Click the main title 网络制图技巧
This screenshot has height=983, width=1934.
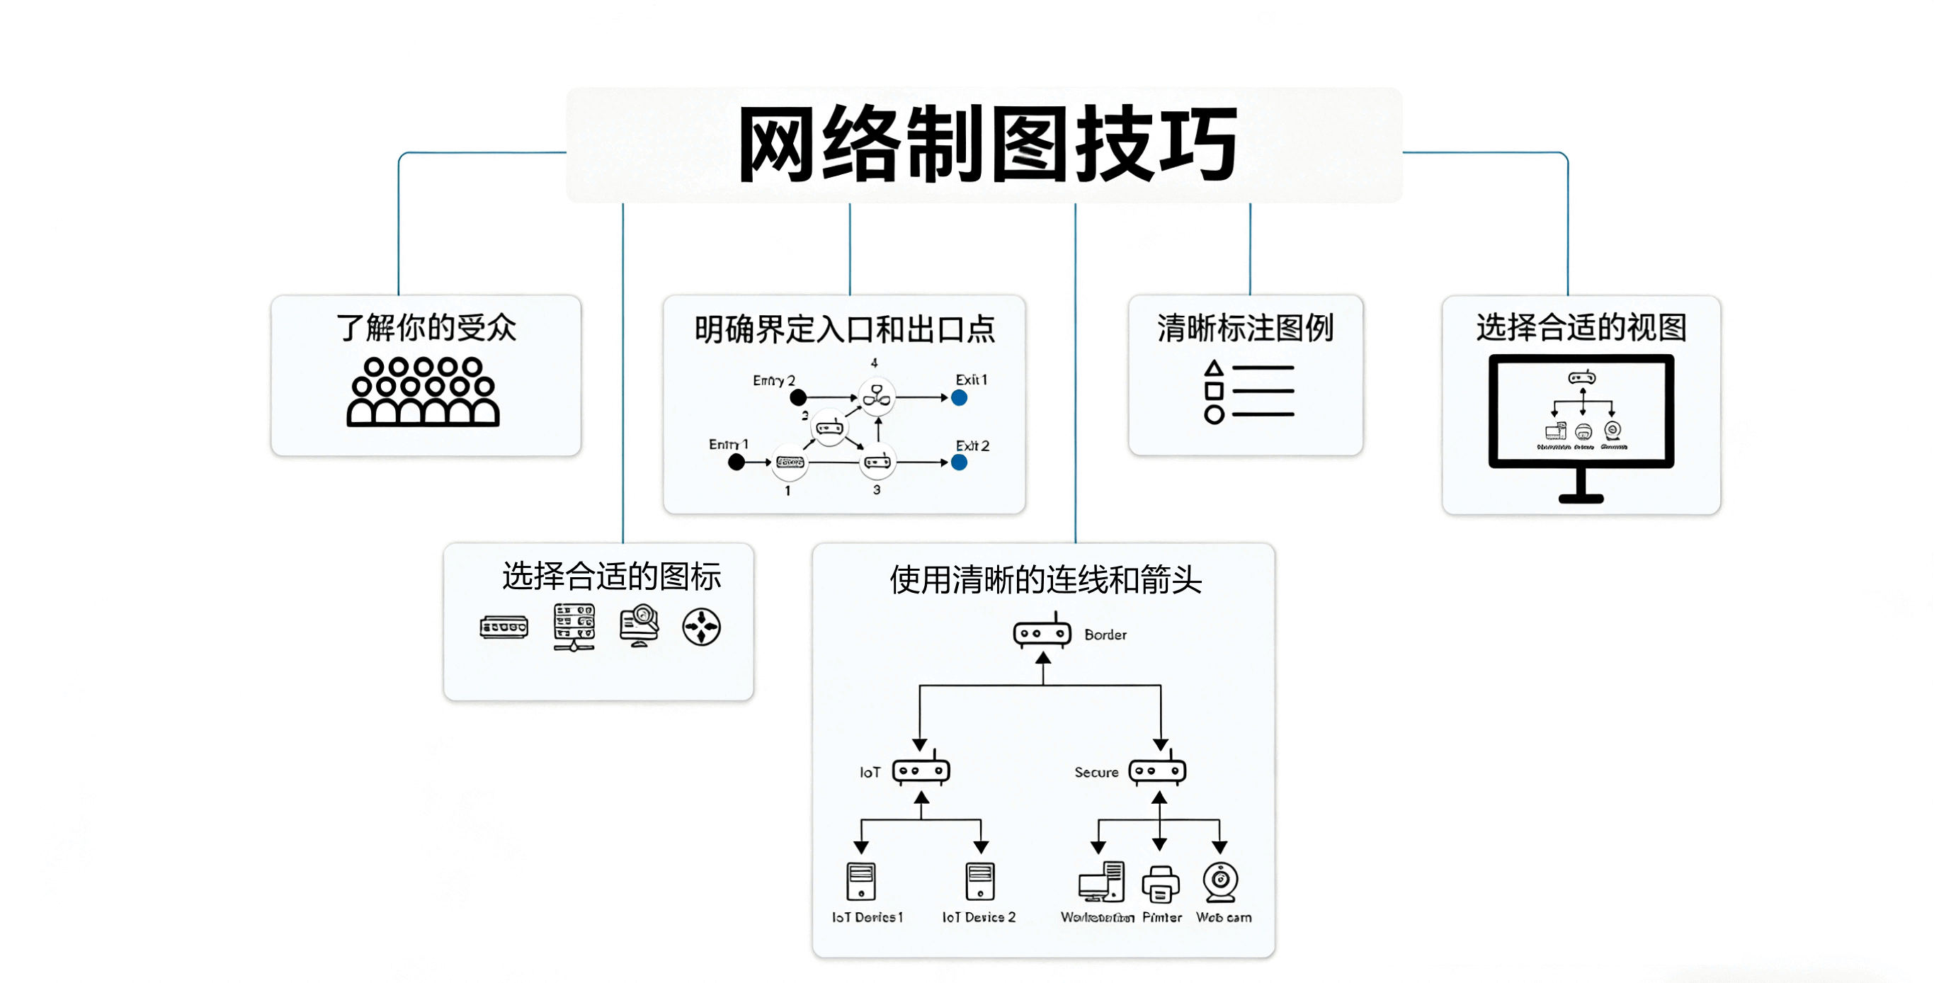click(x=987, y=144)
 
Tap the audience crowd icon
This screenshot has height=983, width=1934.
click(x=423, y=392)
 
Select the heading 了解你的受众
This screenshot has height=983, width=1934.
click(x=426, y=328)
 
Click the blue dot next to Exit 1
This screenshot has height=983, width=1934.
click(x=959, y=398)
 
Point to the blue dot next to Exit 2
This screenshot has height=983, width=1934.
click(x=959, y=462)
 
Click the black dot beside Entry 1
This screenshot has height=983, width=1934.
click(x=736, y=462)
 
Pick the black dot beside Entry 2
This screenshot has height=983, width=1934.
click(x=798, y=397)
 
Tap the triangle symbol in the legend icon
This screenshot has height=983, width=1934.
click(x=1214, y=369)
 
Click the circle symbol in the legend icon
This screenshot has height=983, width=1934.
click(x=1214, y=414)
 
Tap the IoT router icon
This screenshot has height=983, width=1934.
click(x=921, y=771)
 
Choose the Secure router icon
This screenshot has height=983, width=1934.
click(x=1157, y=771)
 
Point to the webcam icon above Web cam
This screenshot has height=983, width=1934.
click(x=1221, y=882)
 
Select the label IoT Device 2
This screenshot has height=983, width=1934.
click(x=978, y=918)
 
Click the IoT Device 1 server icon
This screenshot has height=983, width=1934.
click(x=861, y=881)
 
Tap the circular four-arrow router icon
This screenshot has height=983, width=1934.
click(x=701, y=627)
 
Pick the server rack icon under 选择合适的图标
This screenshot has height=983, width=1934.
click(x=574, y=626)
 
